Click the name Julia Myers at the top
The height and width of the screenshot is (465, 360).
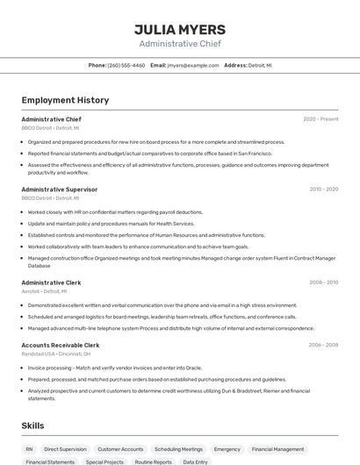pos(180,29)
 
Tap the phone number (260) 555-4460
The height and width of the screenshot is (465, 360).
pos(126,66)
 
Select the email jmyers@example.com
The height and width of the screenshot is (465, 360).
pos(192,66)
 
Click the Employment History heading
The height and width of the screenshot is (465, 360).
pos(65,100)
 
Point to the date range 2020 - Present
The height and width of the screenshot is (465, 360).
pos(320,119)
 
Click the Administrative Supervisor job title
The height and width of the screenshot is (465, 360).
pos(60,190)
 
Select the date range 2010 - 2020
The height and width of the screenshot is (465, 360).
pos(323,190)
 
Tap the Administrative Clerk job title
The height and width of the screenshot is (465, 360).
pos(51,283)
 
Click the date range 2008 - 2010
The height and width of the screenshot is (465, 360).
pos(323,283)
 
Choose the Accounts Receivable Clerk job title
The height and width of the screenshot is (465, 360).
pos(61,346)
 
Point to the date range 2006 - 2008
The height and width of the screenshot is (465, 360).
pos(323,346)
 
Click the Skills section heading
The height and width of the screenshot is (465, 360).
pos(32,426)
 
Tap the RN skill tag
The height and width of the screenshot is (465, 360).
pos(29,449)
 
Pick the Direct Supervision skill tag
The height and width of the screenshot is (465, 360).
pos(65,449)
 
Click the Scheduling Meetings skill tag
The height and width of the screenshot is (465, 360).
pos(178,449)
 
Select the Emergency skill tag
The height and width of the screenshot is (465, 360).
pos(227,449)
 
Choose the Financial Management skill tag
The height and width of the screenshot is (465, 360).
pos(277,449)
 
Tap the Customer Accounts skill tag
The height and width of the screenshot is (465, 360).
pos(120,449)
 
